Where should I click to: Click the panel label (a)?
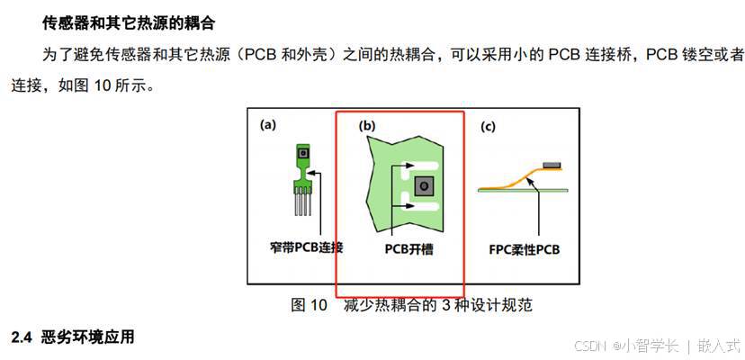pos(267,125)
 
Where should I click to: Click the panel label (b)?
pos(366,126)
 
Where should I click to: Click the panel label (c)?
pos(488,126)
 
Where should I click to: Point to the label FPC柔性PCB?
pos(524,247)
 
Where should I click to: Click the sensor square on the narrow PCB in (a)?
pos(305,154)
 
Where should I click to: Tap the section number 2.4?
pos(22,337)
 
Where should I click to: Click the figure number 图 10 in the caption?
pos(309,304)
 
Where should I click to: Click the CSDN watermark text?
pos(589,346)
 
